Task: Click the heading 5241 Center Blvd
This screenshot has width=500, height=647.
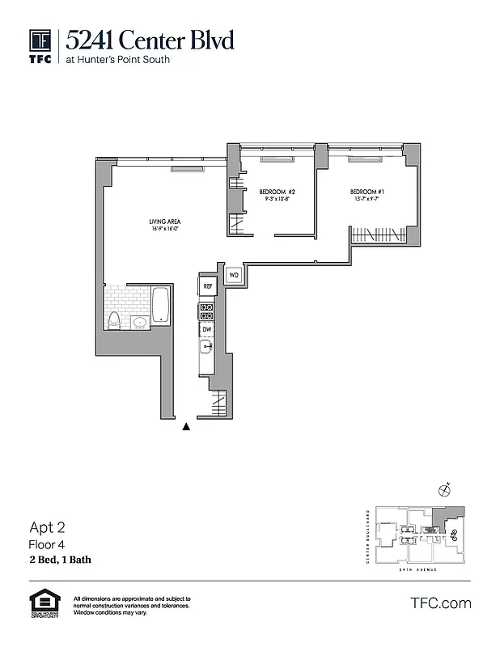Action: [150, 40]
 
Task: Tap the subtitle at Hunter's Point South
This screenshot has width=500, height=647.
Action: [118, 59]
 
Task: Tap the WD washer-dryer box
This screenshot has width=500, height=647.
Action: [233, 275]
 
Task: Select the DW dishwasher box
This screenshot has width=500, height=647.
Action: [207, 329]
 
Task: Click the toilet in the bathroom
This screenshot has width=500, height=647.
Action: [115, 321]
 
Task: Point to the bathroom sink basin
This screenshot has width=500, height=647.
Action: [139, 323]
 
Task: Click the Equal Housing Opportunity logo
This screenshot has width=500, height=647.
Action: [41, 604]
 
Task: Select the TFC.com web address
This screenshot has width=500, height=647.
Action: [441, 603]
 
